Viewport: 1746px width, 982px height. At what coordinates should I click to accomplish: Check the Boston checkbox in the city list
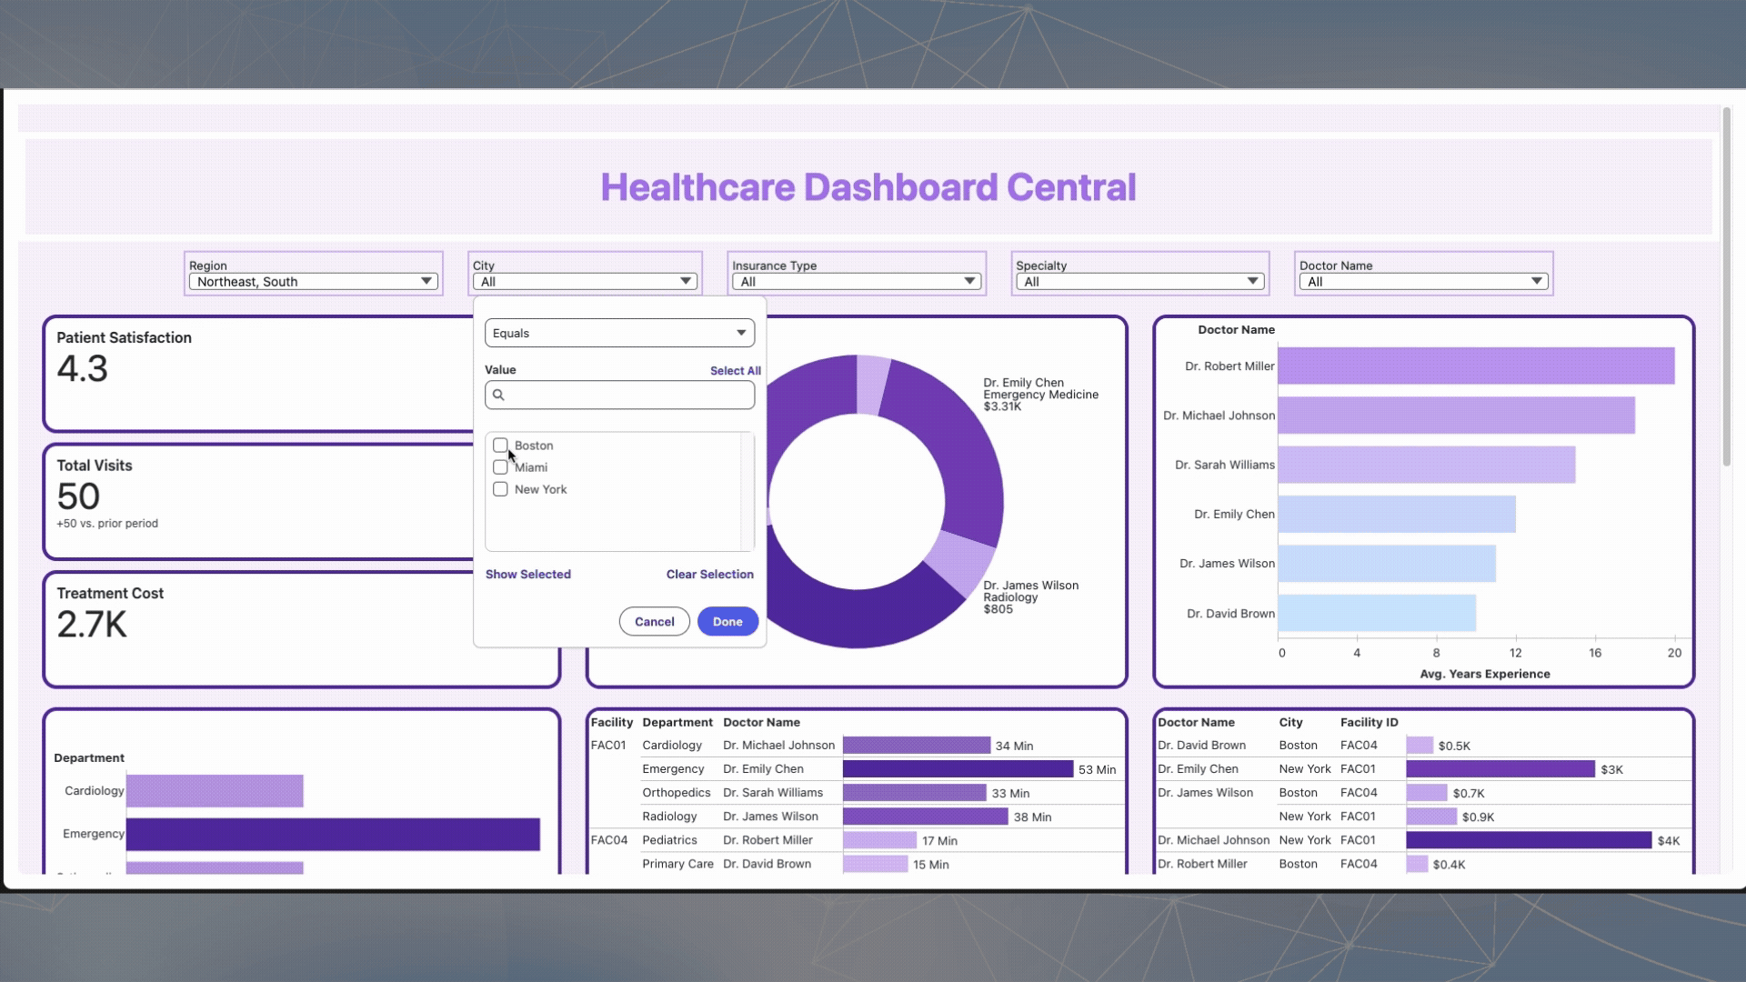pyautogui.click(x=500, y=446)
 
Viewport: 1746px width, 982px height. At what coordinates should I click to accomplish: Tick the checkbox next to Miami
pyautogui.click(x=500, y=467)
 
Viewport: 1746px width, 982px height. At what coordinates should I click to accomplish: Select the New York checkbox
pyautogui.click(x=500, y=489)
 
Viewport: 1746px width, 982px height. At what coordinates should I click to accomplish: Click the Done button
pyautogui.click(x=727, y=622)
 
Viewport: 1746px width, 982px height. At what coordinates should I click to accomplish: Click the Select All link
pyautogui.click(x=735, y=371)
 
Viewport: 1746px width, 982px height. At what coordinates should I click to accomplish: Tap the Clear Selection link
pyautogui.click(x=709, y=575)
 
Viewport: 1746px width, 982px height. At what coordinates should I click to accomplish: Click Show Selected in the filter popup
pyautogui.click(x=527, y=575)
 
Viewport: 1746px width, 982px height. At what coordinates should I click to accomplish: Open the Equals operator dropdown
pyautogui.click(x=619, y=333)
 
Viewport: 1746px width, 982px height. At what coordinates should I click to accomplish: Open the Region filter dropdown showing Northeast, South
pyautogui.click(x=313, y=282)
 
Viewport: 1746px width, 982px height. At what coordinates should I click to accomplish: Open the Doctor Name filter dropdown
pyautogui.click(x=1423, y=282)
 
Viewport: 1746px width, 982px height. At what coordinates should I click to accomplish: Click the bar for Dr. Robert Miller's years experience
pyautogui.click(x=1475, y=366)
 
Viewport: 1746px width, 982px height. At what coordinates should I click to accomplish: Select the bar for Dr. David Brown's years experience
pyautogui.click(x=1376, y=614)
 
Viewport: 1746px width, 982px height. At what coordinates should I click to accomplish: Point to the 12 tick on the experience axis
pyautogui.click(x=1515, y=653)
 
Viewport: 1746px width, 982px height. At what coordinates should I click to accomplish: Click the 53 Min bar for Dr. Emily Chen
pyautogui.click(x=957, y=769)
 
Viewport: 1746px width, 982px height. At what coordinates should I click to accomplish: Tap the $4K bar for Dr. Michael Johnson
pyautogui.click(x=1528, y=840)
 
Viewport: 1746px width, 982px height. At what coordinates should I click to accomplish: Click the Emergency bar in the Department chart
pyautogui.click(x=332, y=834)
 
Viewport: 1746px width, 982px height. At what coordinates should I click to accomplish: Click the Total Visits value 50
pyautogui.click(x=78, y=496)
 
